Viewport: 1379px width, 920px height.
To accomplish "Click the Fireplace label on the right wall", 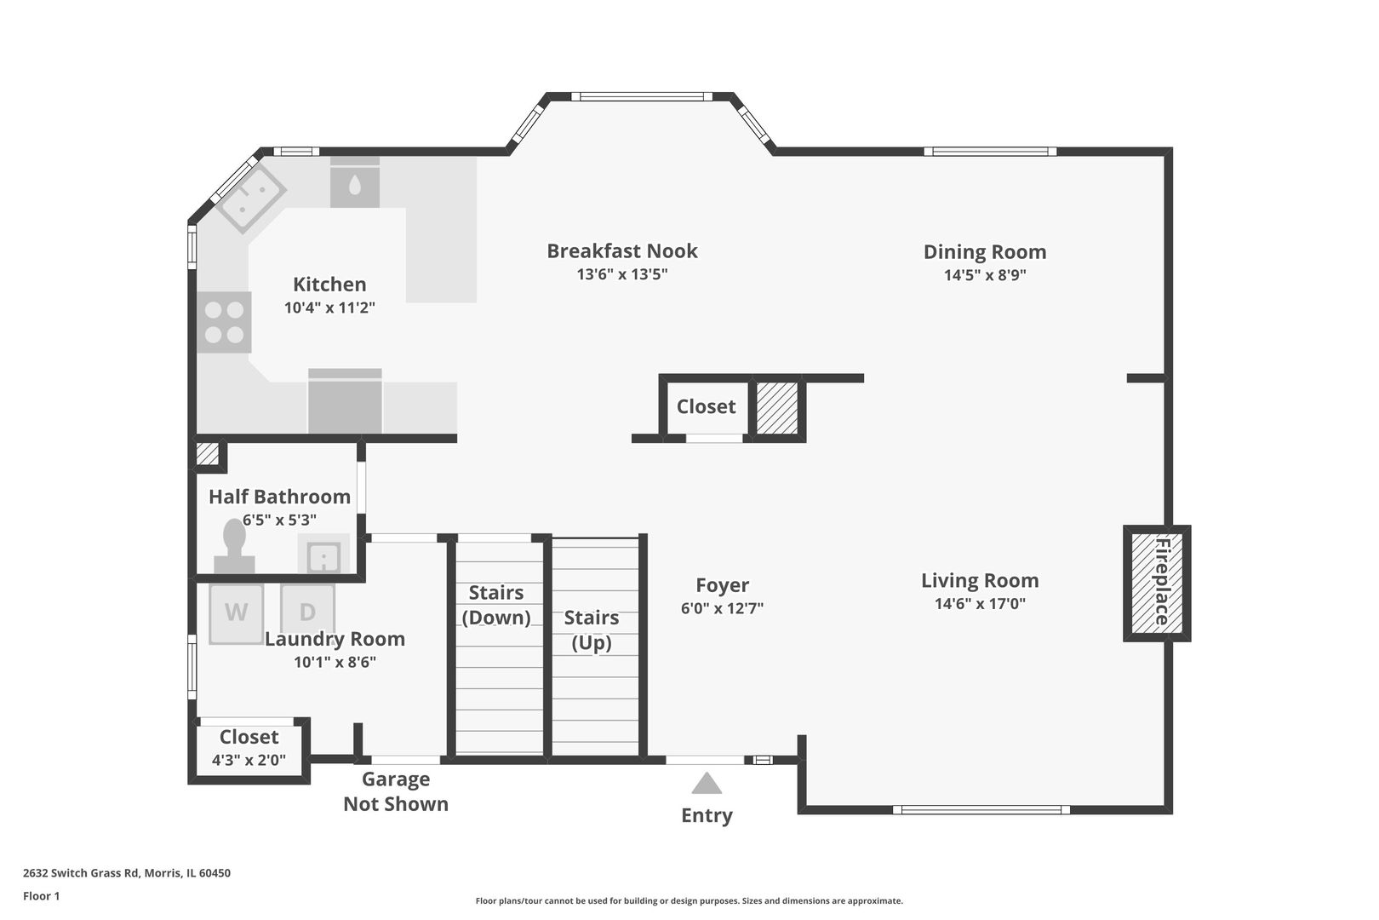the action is coord(1161,583).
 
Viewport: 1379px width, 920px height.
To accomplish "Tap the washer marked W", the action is coord(237,613).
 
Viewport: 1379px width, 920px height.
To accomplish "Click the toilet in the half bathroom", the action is coord(234,547).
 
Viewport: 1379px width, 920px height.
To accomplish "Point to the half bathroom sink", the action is coord(323,554).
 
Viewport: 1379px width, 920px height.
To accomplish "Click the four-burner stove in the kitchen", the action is coord(224,322).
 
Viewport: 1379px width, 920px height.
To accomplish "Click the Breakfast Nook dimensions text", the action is coord(621,274).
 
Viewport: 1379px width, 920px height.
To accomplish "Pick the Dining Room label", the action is coord(985,251).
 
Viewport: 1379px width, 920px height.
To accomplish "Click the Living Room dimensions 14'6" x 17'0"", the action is coord(980,603).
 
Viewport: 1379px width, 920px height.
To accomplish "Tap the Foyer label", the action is coord(722,584).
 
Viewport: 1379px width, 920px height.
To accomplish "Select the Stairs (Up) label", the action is coord(592,630).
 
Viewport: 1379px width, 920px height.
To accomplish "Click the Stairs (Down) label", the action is coord(496,605).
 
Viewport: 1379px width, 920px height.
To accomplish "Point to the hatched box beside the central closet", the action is coord(777,408).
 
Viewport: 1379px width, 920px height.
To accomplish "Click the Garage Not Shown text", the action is coord(396,791).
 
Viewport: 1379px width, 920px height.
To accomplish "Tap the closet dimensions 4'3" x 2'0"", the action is coord(249,760).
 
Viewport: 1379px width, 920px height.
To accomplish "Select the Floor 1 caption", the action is coord(41,896).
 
